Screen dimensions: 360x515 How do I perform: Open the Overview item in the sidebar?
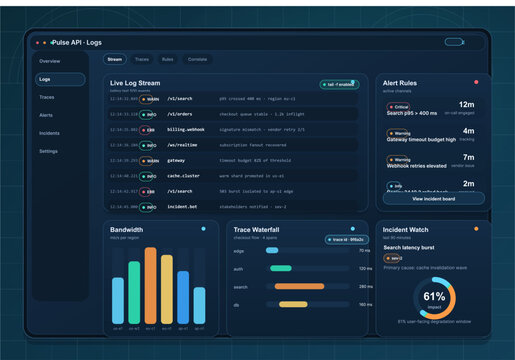[x=49, y=61]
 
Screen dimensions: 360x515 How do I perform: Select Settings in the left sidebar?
[x=48, y=151]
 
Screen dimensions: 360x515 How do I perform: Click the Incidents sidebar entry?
[x=49, y=133]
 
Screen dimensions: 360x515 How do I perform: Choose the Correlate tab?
[x=197, y=60]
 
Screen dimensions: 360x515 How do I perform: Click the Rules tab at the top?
[x=168, y=60]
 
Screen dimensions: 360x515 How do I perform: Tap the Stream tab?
[x=114, y=60]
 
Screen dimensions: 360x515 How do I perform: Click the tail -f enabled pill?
[x=339, y=84]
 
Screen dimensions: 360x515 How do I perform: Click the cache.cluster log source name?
[x=183, y=175]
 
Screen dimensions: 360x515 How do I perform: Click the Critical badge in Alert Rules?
[x=399, y=106]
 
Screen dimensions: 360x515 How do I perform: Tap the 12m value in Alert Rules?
[x=466, y=104]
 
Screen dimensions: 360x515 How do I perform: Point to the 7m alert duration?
[x=467, y=157]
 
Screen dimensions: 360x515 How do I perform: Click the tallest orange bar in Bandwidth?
[x=150, y=285]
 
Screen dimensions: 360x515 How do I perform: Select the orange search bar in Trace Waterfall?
[x=297, y=286]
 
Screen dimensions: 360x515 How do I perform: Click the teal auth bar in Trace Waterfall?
[x=281, y=268]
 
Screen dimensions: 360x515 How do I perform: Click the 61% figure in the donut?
[x=434, y=297]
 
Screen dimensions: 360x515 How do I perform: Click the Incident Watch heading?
[x=406, y=229]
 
